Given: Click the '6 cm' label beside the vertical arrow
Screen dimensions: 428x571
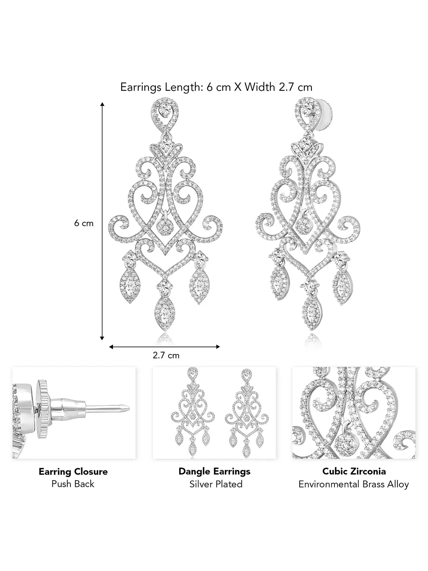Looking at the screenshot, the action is [84, 223].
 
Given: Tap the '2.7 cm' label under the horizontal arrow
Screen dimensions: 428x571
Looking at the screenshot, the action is [166, 355].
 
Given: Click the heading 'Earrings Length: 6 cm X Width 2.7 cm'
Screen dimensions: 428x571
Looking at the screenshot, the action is [216, 87].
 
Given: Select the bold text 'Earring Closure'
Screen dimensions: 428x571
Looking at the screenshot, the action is [73, 471].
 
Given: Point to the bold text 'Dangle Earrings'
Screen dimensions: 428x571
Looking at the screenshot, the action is [214, 471].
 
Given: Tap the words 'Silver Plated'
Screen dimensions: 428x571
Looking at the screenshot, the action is [216, 484].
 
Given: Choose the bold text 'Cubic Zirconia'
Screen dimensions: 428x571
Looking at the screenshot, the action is [354, 471].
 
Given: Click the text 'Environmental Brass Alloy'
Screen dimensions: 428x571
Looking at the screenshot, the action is [353, 484].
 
